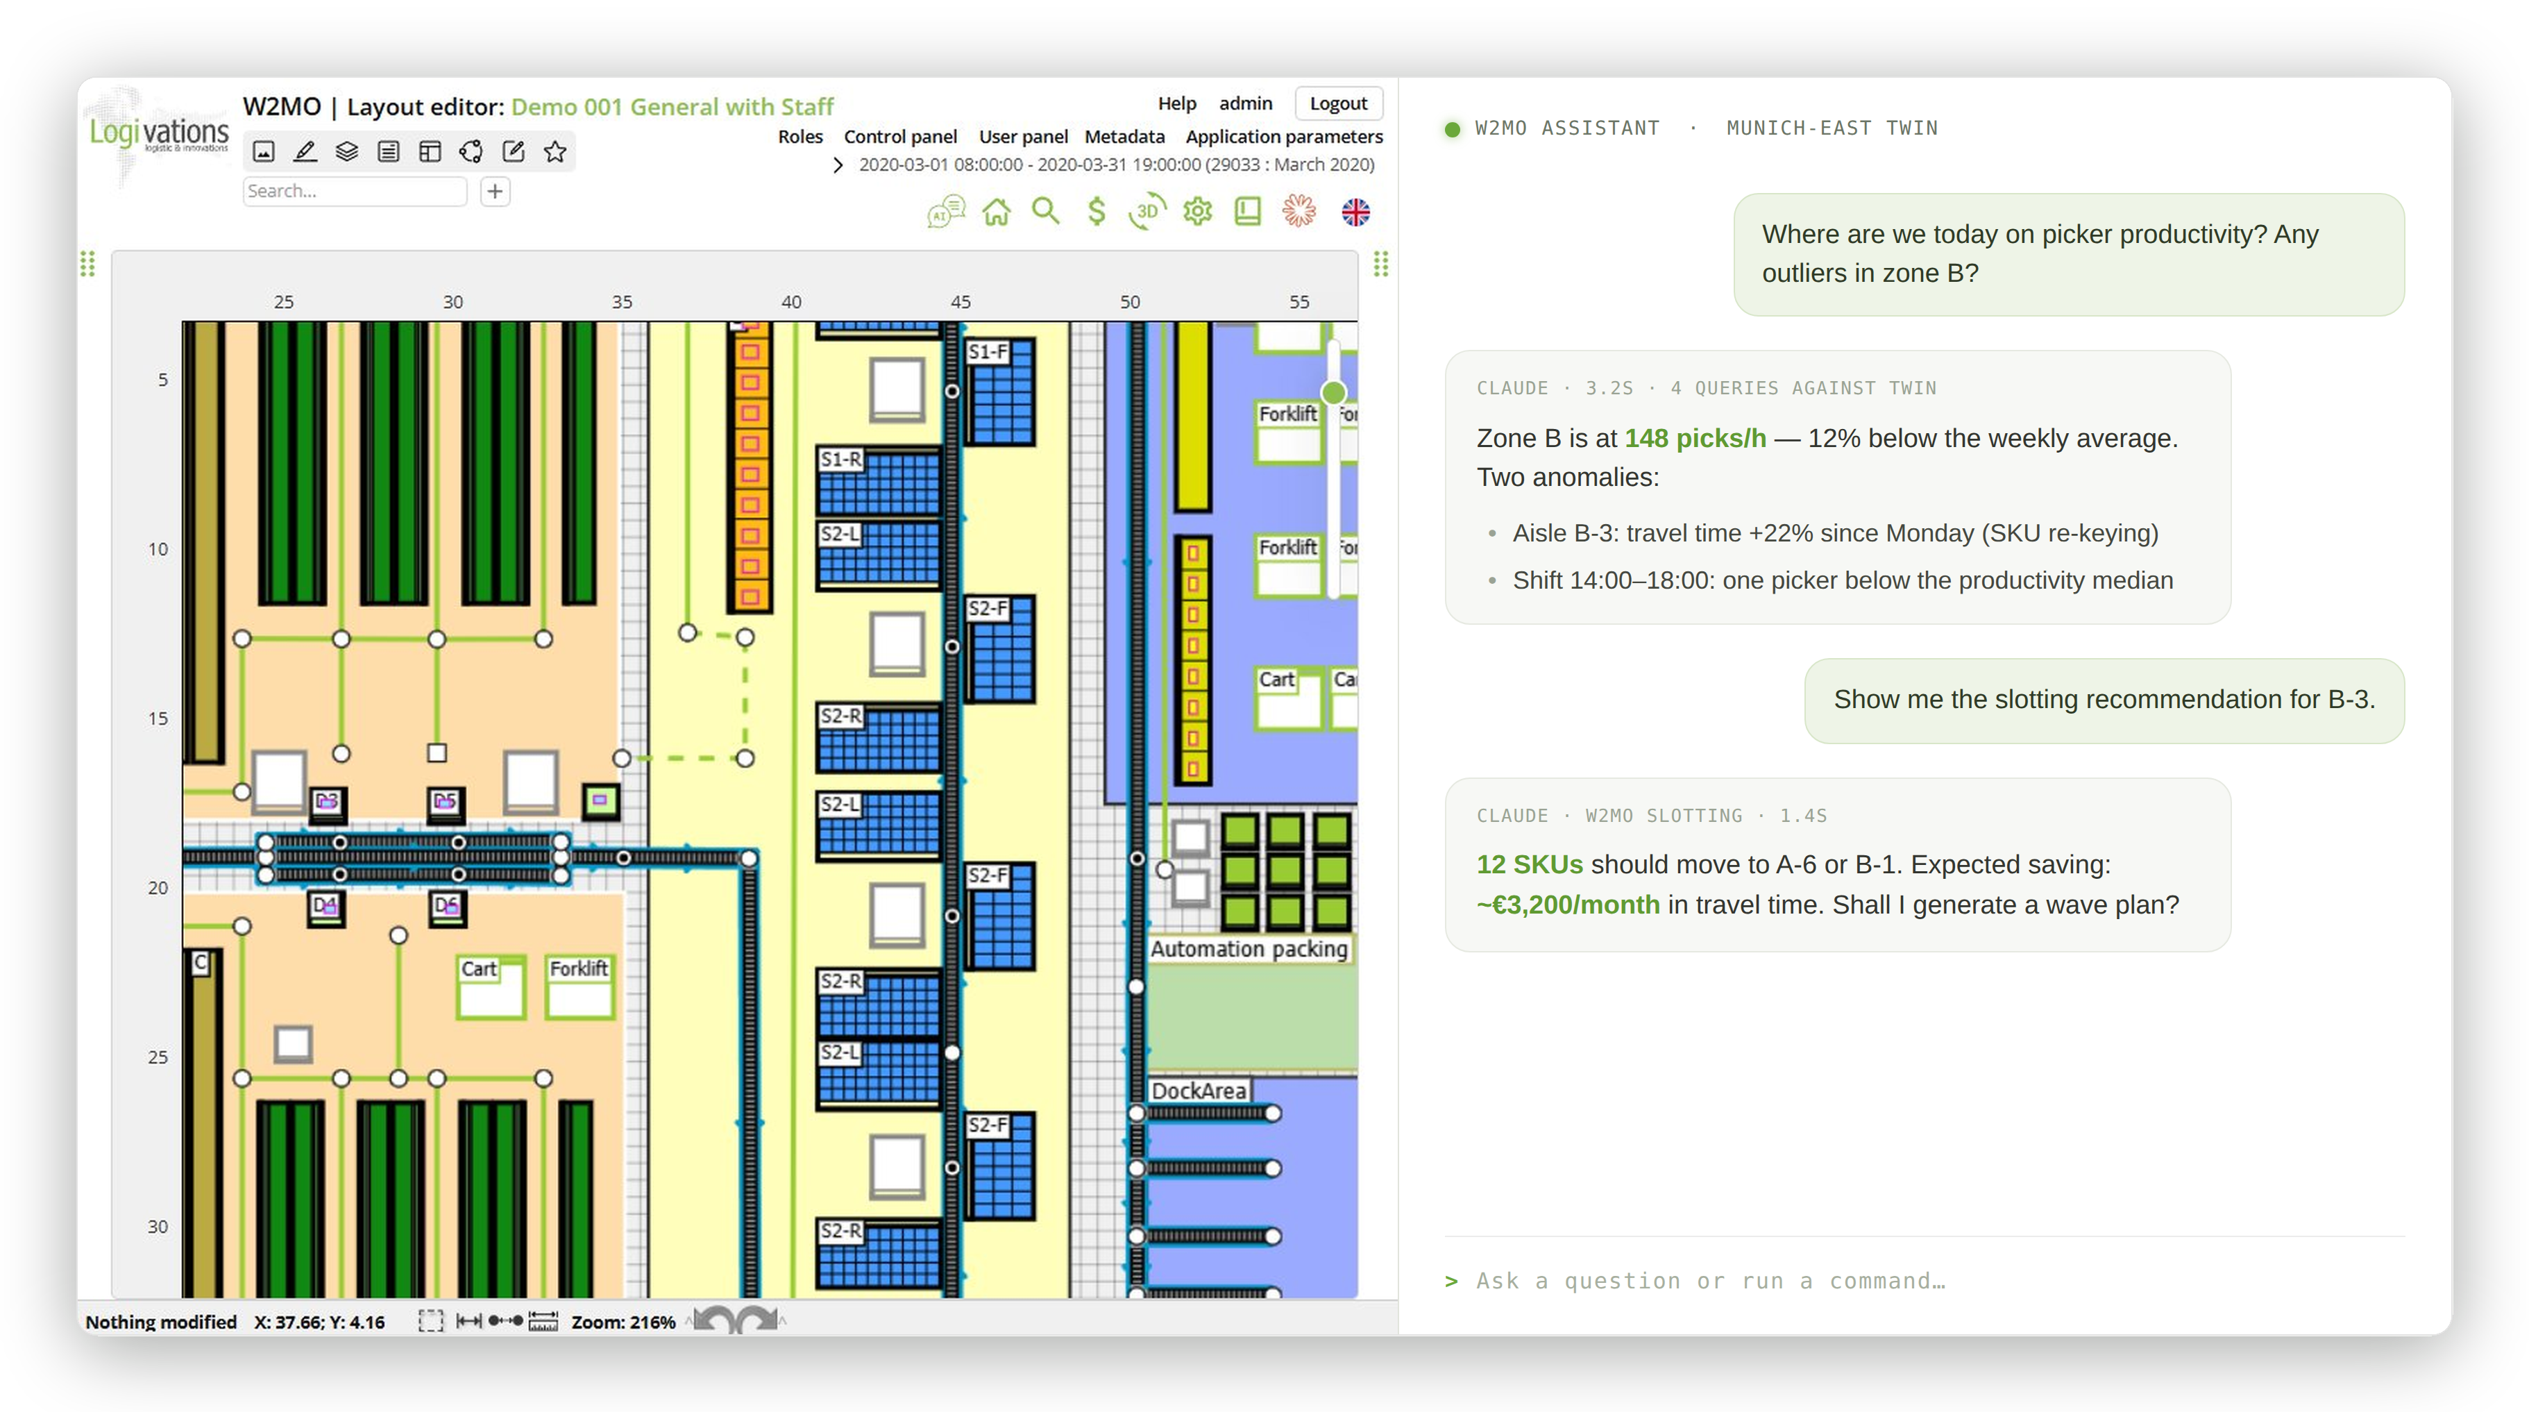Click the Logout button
pyautogui.click(x=1338, y=103)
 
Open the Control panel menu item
pyautogui.click(x=900, y=137)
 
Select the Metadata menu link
pyautogui.click(x=1124, y=137)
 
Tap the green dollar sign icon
pyautogui.click(x=1097, y=211)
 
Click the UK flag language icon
pyautogui.click(x=1356, y=211)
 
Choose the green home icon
pyautogui.click(x=997, y=211)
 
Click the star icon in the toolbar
pyautogui.click(x=555, y=151)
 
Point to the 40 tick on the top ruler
pyautogui.click(x=791, y=301)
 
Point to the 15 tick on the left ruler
pyautogui.click(x=158, y=718)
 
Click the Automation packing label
pyautogui.click(x=1249, y=948)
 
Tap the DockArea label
pyautogui.click(x=1199, y=1090)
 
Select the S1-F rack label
pyautogui.click(x=987, y=351)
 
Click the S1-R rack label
pyautogui.click(x=840, y=459)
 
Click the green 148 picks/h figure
pyautogui.click(x=1695, y=438)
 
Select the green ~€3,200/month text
pyautogui.click(x=1568, y=905)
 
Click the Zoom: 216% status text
pyautogui.click(x=623, y=1322)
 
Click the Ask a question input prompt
pyautogui.click(x=1710, y=1280)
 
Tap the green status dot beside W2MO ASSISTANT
pyautogui.click(x=1452, y=128)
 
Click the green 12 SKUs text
pyautogui.click(x=1530, y=864)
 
